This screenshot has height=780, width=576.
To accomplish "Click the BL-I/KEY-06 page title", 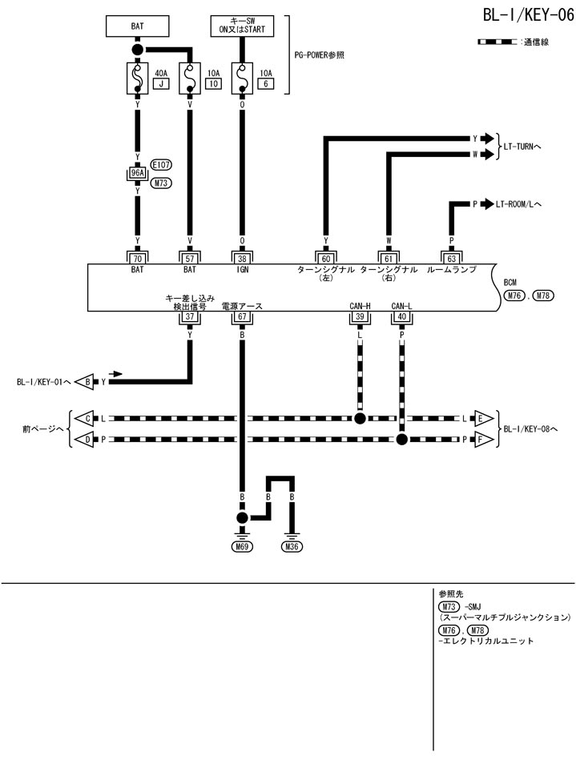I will click(x=528, y=16).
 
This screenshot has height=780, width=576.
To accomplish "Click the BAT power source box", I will click(x=137, y=26).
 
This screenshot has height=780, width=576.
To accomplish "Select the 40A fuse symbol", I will click(x=137, y=78).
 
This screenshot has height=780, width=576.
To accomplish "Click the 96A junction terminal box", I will click(x=137, y=173).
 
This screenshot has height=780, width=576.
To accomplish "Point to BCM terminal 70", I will click(x=137, y=258).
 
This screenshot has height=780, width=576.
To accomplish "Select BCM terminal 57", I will click(x=190, y=258).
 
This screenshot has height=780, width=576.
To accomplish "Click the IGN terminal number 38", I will click(x=242, y=258).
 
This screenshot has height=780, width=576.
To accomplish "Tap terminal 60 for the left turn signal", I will click(x=325, y=258).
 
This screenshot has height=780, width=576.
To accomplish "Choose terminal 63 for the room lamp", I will click(x=451, y=258).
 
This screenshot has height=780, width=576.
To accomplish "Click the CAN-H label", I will click(x=360, y=306).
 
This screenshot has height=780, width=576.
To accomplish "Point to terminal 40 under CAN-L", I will click(x=401, y=317).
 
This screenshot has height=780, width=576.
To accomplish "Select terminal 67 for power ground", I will click(x=242, y=317).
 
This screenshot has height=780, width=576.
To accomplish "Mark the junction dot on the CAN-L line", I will click(x=401, y=440).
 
